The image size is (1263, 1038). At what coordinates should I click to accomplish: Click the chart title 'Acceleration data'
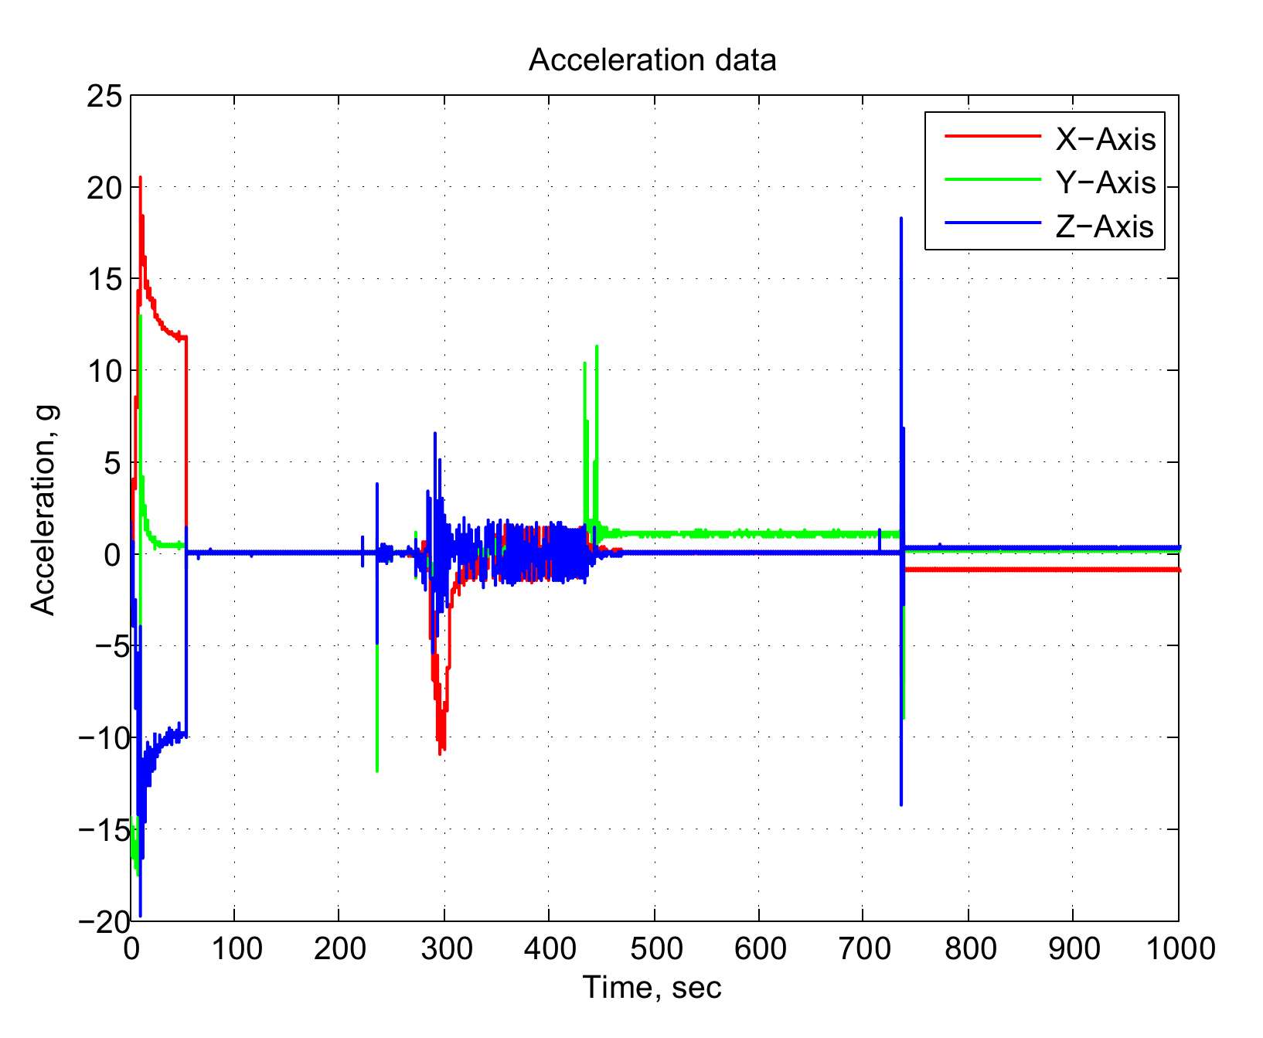[652, 60]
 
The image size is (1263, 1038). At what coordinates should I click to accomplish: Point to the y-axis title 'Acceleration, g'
[44, 510]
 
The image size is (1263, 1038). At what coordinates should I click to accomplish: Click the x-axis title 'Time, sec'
[652, 987]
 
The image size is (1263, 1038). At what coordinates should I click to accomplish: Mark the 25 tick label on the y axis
[105, 97]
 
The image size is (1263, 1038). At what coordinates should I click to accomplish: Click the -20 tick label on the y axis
[100, 921]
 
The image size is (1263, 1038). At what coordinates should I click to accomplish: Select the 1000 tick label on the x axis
[1180, 948]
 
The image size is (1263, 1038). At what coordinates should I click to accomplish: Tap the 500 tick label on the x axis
[655, 948]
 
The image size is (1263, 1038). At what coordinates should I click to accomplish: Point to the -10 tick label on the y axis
[100, 738]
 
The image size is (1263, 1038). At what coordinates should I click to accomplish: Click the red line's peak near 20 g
[140, 178]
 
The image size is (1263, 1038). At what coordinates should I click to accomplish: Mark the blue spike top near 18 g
[901, 219]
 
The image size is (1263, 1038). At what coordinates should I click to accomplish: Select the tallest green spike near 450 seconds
[597, 346]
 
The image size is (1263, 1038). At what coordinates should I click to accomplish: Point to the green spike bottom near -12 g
[376, 771]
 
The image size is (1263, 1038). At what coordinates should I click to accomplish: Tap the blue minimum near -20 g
[140, 916]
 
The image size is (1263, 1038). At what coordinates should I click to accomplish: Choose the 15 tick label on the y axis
[105, 280]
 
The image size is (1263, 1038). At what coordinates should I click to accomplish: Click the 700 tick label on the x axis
[864, 948]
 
